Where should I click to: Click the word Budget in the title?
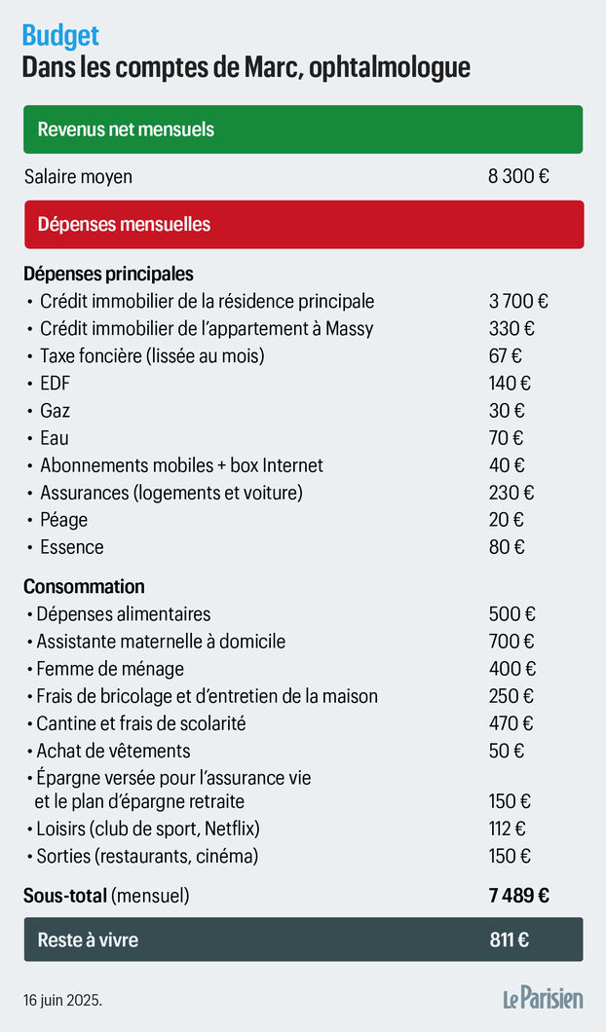(60, 36)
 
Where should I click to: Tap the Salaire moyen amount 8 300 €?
(518, 177)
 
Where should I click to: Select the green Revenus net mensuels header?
(303, 129)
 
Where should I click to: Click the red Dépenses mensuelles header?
(303, 224)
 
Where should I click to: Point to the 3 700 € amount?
(518, 302)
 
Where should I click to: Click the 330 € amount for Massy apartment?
(511, 329)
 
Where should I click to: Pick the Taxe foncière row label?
(152, 356)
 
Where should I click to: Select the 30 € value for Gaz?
(507, 411)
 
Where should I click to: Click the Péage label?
(63, 520)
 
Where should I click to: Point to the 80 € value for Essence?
(507, 547)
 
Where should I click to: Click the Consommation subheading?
(84, 586)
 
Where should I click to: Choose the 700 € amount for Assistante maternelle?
(511, 642)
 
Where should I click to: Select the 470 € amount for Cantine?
(511, 723)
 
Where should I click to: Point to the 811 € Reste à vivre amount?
(510, 940)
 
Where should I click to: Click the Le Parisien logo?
(543, 998)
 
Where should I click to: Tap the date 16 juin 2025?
(63, 1000)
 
